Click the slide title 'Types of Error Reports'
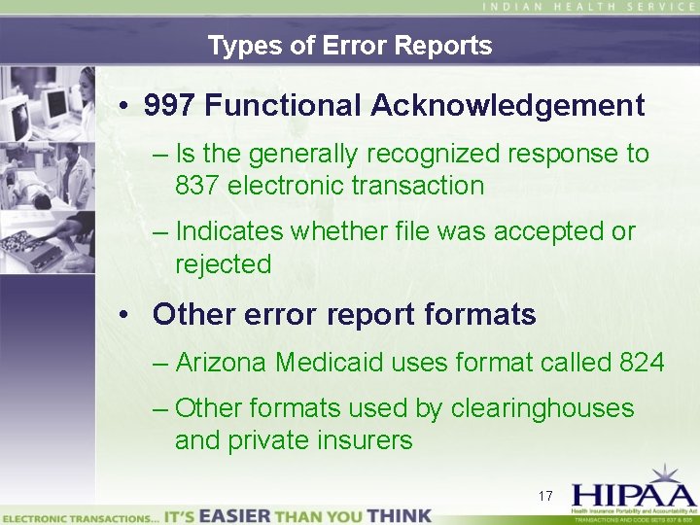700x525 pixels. [350, 46]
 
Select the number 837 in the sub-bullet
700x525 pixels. [197, 185]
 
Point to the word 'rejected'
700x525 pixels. [223, 263]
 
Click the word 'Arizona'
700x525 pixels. [222, 363]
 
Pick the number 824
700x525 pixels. [641, 363]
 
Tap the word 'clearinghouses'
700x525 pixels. [542, 408]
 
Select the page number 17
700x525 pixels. [545, 496]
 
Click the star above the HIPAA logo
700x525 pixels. [668, 474]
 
